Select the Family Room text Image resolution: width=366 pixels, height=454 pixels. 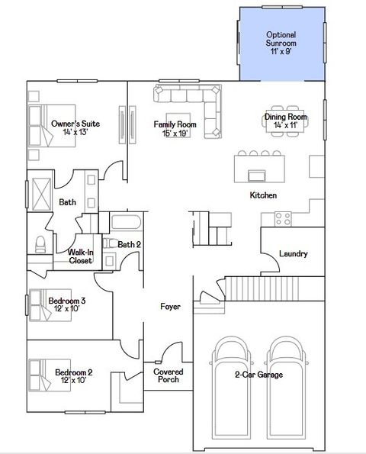[175, 128]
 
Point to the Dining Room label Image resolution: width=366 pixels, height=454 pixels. [285, 121]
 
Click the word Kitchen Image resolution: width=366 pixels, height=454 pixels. [263, 196]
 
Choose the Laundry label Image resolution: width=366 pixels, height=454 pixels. [294, 253]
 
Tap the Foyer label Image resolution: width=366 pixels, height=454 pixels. [170, 307]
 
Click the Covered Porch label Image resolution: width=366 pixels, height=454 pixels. [168, 375]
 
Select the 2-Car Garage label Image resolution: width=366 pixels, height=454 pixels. [258, 375]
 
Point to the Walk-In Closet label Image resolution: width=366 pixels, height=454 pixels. [80, 256]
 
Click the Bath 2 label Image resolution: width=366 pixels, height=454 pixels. [129, 244]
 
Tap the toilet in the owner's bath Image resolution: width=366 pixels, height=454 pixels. [40, 244]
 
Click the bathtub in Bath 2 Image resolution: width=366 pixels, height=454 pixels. [126, 224]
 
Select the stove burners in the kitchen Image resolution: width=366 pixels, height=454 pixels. [283, 219]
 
